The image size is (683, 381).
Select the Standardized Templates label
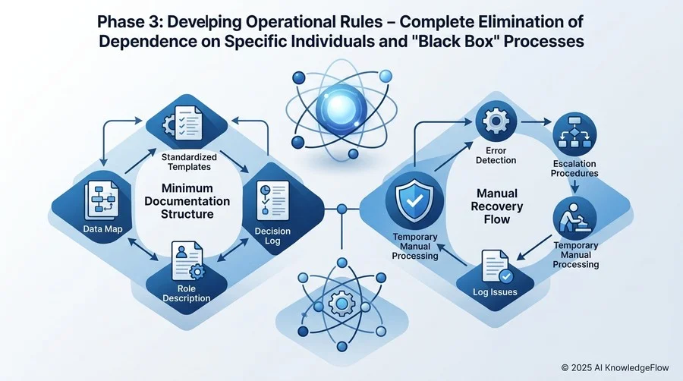(189, 162)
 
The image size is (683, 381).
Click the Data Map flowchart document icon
(102, 200)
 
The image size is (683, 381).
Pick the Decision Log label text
(272, 236)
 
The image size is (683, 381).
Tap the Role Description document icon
(187, 261)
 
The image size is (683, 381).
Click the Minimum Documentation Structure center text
(187, 200)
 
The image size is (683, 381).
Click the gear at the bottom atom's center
(342, 303)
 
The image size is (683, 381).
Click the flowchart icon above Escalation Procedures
(574, 132)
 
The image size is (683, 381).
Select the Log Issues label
(496, 292)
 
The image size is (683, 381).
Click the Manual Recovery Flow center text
(497, 206)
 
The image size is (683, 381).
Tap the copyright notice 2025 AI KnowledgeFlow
(615, 368)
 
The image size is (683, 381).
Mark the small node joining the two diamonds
(342, 210)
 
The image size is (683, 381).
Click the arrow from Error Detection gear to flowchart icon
(537, 122)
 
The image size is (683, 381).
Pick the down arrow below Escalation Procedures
(575, 187)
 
